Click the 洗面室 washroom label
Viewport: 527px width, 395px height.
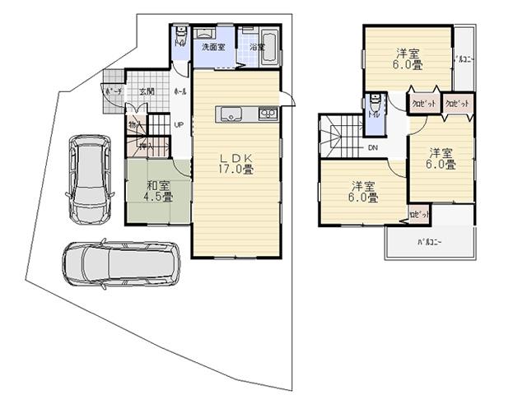click(x=214, y=48)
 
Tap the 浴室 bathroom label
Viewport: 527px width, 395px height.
click(x=258, y=48)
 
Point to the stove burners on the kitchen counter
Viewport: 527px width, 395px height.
click(x=268, y=114)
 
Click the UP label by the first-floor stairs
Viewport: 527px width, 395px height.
click(x=178, y=125)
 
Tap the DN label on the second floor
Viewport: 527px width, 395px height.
click(x=372, y=148)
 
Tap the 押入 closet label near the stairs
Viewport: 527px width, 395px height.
click(x=145, y=146)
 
